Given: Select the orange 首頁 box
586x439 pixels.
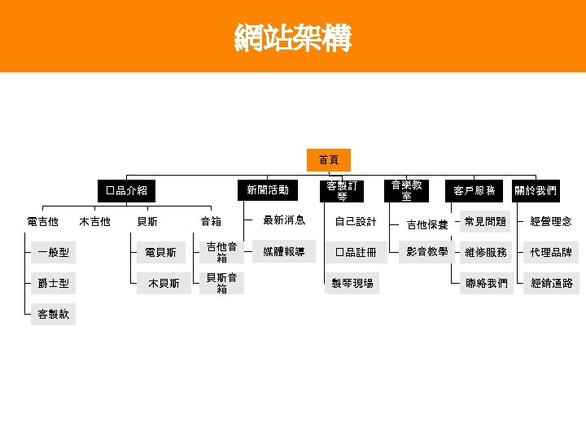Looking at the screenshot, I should point(329,159).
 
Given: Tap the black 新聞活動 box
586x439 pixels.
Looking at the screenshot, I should point(268,190).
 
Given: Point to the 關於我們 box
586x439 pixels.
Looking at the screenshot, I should point(536,190).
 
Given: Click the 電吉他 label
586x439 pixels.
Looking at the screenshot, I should point(42,221).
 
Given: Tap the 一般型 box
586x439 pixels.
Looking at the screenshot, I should point(53,253).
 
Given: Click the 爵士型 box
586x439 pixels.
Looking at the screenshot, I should point(53,284).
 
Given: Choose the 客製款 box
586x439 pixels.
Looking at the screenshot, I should point(53,315).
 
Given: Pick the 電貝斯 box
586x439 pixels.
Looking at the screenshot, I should point(161,253).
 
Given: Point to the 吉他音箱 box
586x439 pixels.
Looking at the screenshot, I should point(221,252).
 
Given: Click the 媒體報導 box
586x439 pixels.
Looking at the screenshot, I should point(283,251).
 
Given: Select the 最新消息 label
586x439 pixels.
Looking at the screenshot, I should point(283,220).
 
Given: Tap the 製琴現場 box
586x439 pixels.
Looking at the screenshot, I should point(352,284).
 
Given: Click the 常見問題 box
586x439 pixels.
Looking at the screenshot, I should point(485,221).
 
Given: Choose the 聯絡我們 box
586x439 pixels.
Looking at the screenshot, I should point(485,284).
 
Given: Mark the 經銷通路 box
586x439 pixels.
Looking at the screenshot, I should point(551,284).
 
